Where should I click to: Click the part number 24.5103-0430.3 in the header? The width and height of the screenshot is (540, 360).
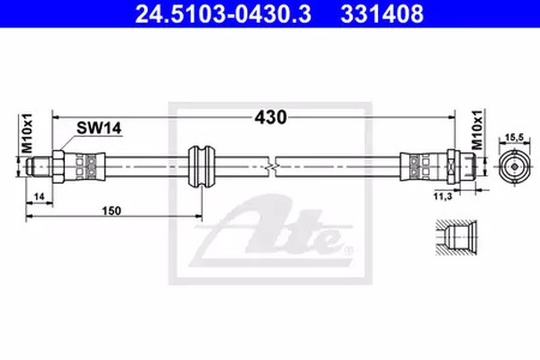[223, 14]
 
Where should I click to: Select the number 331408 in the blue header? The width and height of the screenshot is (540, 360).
[382, 14]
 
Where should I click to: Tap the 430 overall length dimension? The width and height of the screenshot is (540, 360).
[271, 117]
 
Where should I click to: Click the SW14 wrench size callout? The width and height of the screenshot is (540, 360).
[99, 128]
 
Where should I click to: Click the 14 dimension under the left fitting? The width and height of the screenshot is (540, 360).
[39, 197]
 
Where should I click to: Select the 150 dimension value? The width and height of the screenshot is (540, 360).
[112, 210]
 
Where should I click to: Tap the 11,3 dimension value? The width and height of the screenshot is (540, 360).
[443, 197]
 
